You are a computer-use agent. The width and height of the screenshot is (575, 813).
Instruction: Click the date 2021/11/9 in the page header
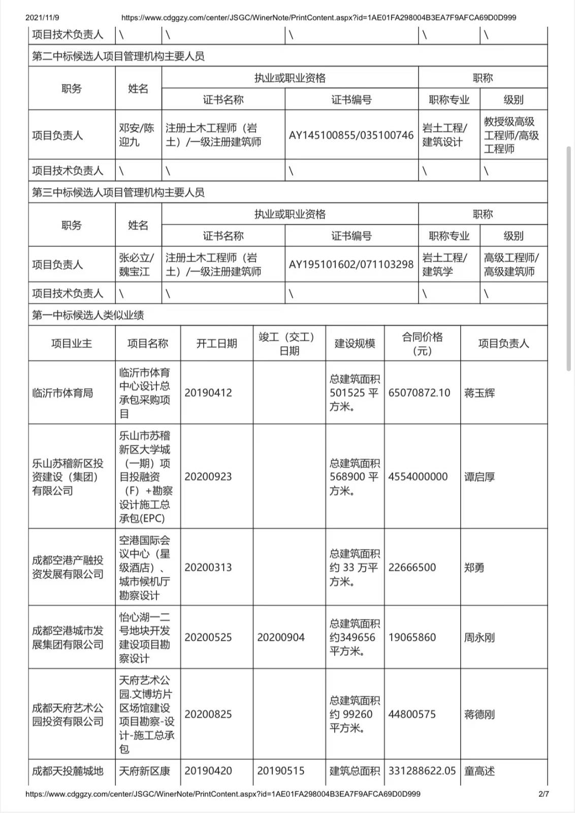click(42, 17)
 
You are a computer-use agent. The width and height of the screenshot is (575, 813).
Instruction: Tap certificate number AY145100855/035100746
click(351, 135)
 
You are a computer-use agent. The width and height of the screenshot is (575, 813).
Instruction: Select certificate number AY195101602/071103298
click(351, 264)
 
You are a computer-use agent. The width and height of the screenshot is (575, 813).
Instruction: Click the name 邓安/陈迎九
click(137, 135)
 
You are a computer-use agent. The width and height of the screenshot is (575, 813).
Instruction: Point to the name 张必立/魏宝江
click(137, 264)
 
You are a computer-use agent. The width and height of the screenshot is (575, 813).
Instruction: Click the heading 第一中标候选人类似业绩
click(88, 315)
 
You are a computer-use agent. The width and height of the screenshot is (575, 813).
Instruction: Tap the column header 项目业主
click(72, 343)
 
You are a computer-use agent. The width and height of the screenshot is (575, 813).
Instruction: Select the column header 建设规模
click(355, 343)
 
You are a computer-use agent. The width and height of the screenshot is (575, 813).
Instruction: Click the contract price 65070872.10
click(419, 393)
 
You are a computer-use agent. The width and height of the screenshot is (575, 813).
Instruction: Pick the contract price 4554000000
click(418, 477)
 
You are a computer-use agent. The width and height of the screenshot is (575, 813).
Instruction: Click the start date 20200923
click(208, 477)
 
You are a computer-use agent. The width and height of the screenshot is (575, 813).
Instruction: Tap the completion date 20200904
click(281, 637)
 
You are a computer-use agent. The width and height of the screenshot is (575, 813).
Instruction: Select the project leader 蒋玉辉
click(479, 393)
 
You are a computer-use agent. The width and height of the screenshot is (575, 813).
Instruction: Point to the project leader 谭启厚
click(479, 477)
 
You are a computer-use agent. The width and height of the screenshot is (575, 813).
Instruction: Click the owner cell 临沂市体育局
click(62, 393)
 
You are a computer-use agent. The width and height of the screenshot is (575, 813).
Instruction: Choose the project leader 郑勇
click(474, 567)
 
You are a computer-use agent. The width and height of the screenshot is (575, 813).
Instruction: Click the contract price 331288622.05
click(422, 771)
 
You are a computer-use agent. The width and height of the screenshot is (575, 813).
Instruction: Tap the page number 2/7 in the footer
click(544, 794)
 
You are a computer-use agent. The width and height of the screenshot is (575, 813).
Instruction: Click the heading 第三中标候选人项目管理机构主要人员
click(118, 193)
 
